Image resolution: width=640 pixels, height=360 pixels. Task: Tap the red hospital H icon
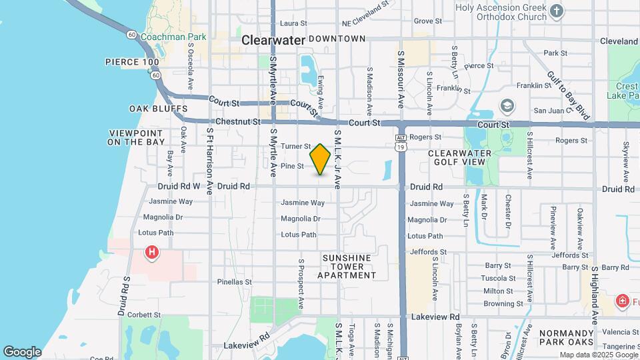152,252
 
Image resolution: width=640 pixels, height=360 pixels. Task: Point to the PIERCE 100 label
132,62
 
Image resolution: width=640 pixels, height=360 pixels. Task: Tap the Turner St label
296,146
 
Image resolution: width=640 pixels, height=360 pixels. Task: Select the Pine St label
292,166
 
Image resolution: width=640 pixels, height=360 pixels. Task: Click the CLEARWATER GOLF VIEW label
459,157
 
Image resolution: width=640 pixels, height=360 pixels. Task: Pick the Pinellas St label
234,282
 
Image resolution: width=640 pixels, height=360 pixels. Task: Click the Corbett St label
144,315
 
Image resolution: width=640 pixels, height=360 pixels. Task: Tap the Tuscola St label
499,278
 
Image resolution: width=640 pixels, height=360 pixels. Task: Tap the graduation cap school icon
507,106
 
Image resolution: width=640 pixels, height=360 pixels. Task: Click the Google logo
22,352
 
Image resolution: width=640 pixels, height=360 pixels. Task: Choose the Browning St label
503,303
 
